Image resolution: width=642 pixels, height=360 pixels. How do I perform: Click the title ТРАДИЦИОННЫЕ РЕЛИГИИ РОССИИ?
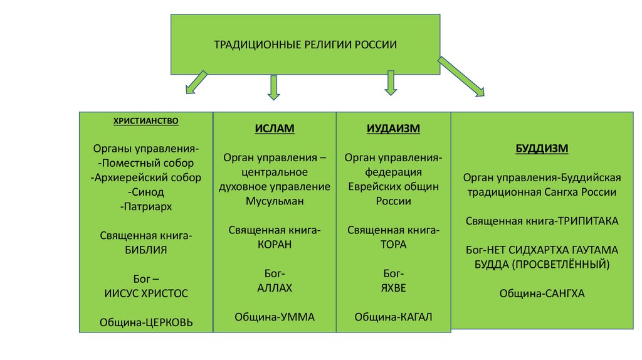pyautogui.click(x=305, y=45)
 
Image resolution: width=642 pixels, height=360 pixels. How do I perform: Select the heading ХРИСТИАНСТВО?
pyautogui.click(x=145, y=120)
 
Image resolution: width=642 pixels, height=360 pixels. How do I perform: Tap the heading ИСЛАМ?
pyautogui.click(x=275, y=129)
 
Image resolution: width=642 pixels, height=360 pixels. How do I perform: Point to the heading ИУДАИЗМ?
pyautogui.click(x=393, y=129)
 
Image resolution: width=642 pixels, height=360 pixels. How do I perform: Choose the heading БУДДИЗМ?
pyautogui.click(x=542, y=149)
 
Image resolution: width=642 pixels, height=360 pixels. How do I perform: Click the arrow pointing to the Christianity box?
pyautogui.click(x=196, y=82)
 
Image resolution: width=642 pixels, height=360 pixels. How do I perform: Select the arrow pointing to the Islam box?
pyautogui.click(x=273, y=87)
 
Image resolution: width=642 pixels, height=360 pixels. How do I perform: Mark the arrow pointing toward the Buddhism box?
pyautogui.click(x=461, y=77)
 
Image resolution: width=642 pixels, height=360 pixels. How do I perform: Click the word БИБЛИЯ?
pyautogui.click(x=146, y=249)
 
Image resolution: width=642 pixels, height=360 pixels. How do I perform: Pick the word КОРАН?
pyautogui.click(x=275, y=245)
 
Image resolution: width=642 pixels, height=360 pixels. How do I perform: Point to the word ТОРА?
pyautogui.click(x=393, y=245)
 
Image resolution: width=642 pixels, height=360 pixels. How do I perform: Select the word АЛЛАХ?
pyautogui.click(x=275, y=288)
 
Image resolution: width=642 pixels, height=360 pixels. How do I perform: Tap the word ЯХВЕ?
pyautogui.click(x=393, y=288)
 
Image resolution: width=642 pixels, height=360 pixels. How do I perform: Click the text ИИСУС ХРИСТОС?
pyautogui.click(x=146, y=293)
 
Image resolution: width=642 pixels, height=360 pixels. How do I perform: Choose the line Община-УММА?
pyautogui.click(x=275, y=317)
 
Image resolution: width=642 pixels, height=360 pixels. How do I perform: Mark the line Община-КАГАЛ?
pyautogui.click(x=393, y=317)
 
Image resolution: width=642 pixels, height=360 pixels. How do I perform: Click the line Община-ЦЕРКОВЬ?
pyautogui.click(x=146, y=322)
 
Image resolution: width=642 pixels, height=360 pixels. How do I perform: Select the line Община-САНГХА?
pyautogui.click(x=542, y=293)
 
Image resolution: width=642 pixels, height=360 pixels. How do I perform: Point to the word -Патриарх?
pyautogui.click(x=146, y=206)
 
